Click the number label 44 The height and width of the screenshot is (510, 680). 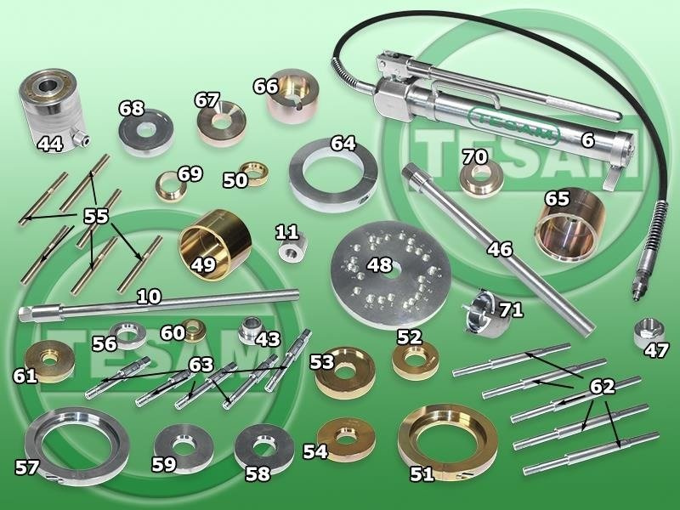pyautogui.click(x=50, y=143)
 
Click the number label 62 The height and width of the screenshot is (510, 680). pyautogui.click(x=602, y=386)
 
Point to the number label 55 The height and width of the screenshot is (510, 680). pyautogui.click(x=96, y=216)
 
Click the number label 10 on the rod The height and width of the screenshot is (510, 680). pyautogui.click(x=150, y=297)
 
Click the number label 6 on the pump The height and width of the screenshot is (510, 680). pyautogui.click(x=587, y=139)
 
